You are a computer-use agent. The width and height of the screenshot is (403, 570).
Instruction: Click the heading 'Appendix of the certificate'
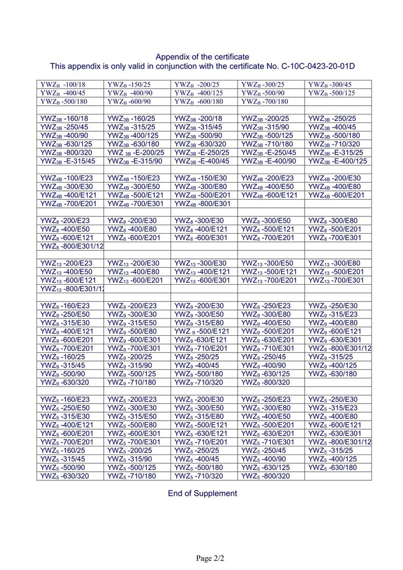pyautogui.click(x=202, y=56)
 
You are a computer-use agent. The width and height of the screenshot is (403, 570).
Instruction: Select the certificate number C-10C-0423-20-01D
pyautogui.click(x=318, y=66)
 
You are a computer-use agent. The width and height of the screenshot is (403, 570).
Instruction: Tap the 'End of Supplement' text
pyautogui.click(x=202, y=493)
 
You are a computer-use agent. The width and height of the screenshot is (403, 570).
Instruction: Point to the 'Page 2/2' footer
pyautogui.click(x=210, y=558)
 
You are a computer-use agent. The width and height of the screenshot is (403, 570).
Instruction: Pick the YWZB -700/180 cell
pyautogui.click(x=264, y=102)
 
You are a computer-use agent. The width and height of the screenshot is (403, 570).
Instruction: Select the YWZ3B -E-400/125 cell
pyautogui.click(x=337, y=161)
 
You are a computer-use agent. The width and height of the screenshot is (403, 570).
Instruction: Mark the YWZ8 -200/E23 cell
pyautogui.click(x=65, y=220)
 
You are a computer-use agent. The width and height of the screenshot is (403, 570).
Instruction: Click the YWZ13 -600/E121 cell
pyautogui.click(x=68, y=280)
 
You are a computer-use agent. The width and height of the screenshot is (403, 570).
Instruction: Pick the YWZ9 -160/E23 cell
pyautogui.click(x=65, y=306)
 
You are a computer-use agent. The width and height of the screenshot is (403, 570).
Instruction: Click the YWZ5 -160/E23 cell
pyautogui.click(x=65, y=399)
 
